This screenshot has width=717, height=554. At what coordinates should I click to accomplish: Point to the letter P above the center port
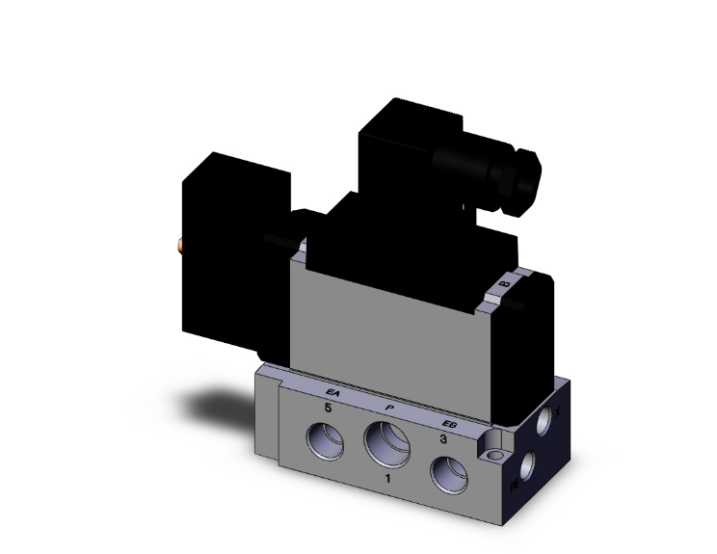click(389, 408)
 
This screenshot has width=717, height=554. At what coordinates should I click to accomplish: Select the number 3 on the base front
click(442, 439)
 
